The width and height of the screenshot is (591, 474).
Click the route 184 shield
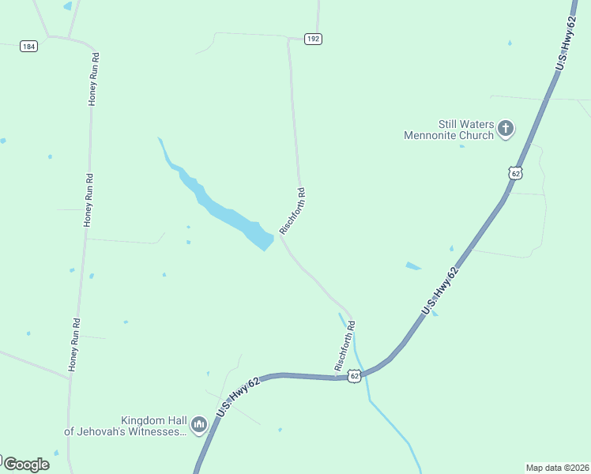pyautogui.click(x=29, y=47)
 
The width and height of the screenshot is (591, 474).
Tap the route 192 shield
pyautogui.click(x=314, y=39)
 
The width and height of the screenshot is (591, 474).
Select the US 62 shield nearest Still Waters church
pyautogui.click(x=516, y=173)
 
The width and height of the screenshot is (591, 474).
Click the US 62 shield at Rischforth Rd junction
pyautogui.click(x=356, y=376)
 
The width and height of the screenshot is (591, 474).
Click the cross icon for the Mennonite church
pyautogui.click(x=506, y=128)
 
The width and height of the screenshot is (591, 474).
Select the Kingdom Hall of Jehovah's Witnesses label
pyautogui.click(x=126, y=426)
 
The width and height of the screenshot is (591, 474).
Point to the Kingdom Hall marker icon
pyautogui.click(x=199, y=426)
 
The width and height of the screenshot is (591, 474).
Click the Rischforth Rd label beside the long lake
pyautogui.click(x=292, y=211)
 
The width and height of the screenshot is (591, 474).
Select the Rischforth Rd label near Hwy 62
pyautogui.click(x=345, y=346)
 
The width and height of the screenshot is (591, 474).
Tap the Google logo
pyautogui.click(x=26, y=464)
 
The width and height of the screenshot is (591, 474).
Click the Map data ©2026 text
pyautogui.click(x=557, y=467)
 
